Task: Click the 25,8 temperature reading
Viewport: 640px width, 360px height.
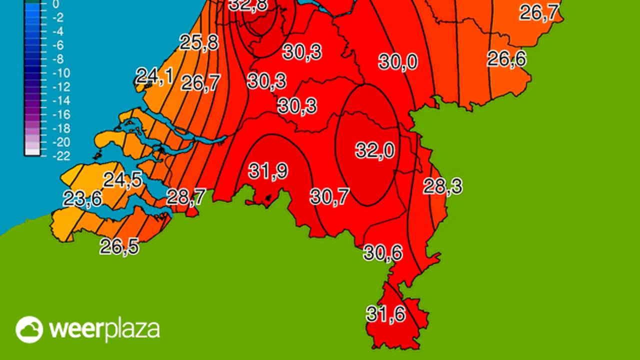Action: coord(199,42)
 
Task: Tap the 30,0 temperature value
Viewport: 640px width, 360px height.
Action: coord(398,62)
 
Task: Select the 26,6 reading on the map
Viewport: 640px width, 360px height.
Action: coord(507,59)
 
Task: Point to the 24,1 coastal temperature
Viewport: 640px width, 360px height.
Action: coord(155,76)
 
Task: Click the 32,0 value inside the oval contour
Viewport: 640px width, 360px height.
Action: coord(375,150)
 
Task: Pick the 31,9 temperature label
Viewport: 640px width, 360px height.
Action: coord(268,171)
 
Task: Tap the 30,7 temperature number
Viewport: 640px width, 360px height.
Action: coord(329,197)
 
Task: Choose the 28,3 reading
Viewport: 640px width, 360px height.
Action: coord(442,186)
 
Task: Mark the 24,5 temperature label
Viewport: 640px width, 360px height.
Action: coord(122,180)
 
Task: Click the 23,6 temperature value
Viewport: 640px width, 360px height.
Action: coord(82,198)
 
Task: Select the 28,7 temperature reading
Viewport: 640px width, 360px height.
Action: coord(185,197)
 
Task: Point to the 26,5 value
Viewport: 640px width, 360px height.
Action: coord(119,246)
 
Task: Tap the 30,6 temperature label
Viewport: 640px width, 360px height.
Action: coord(383,253)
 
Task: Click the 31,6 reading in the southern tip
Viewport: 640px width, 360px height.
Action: coord(385,314)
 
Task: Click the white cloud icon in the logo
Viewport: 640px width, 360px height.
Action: coord(29,329)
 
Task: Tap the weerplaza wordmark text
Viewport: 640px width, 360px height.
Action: coord(104,329)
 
